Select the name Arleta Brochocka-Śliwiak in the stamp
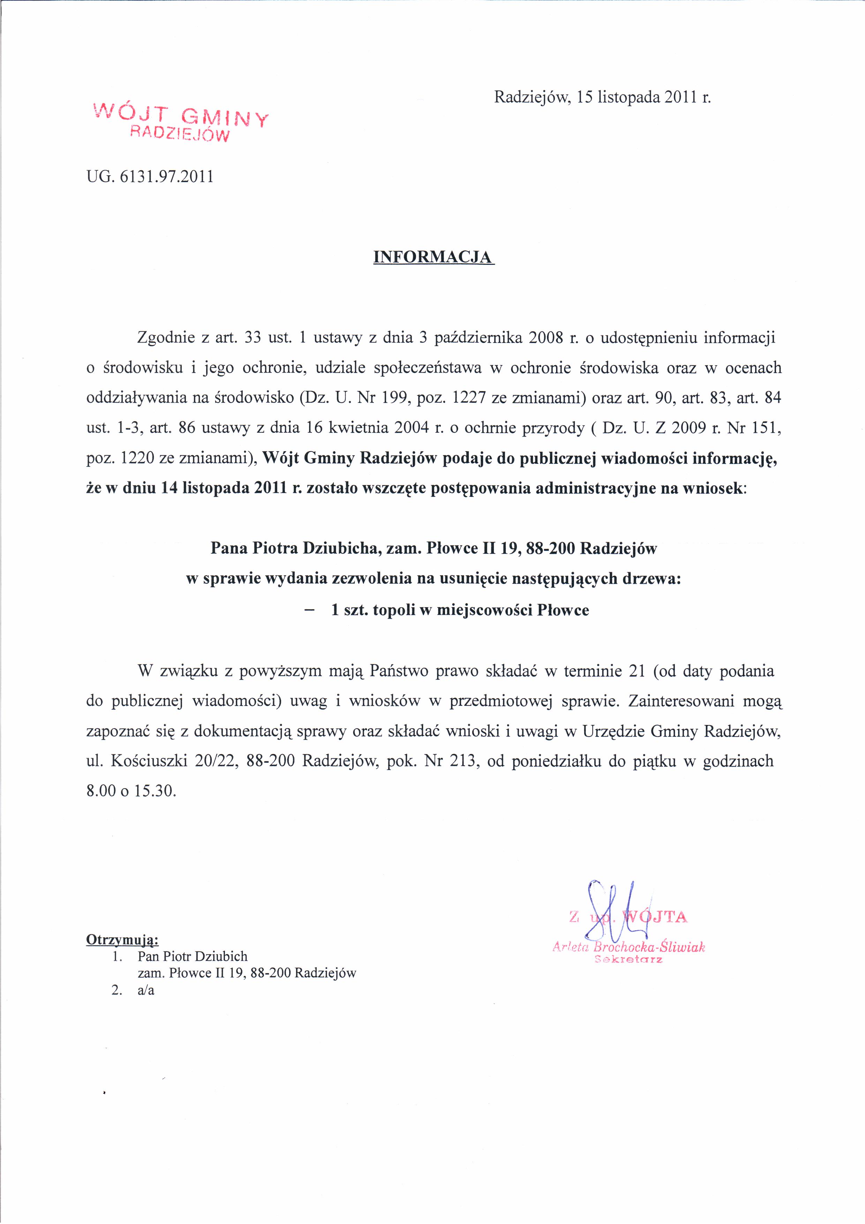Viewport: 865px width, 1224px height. pos(629,947)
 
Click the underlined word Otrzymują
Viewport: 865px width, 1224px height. pos(122,939)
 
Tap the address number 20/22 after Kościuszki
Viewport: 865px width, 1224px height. pos(216,761)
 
